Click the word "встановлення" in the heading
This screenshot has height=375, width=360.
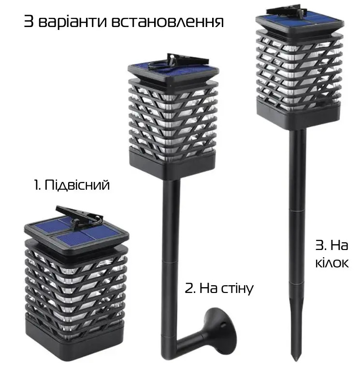168,22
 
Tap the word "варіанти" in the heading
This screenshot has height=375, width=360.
72,22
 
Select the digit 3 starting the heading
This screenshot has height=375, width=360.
29,22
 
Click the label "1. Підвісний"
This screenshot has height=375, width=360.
72,185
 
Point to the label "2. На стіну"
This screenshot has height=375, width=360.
219,288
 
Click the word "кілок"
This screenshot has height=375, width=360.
332,263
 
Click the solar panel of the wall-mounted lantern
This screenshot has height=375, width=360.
173,69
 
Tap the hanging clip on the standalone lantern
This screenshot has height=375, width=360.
80,216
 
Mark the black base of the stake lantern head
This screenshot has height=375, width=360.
298,117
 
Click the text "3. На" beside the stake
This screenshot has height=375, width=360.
332,246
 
